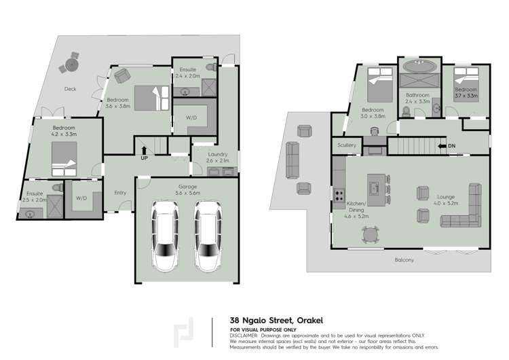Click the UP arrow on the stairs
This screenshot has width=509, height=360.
tap(144, 150)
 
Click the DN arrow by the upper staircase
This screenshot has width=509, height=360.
tap(442, 146)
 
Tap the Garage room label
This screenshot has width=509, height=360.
tap(187, 187)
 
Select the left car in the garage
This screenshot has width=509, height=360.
tap(165, 236)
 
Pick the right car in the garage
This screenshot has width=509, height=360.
tap(208, 236)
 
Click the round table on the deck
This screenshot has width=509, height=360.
tap(72, 65)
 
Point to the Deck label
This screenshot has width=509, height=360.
tap(70, 89)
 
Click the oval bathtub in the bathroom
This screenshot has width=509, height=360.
tap(419, 66)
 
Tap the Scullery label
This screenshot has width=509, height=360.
tap(347, 145)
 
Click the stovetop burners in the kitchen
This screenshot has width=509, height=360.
tap(339, 196)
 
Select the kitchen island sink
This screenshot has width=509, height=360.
tap(374, 188)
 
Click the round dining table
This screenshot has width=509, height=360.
tap(371, 234)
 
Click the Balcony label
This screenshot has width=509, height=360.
tap(404, 260)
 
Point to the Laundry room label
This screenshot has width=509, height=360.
tap(218, 154)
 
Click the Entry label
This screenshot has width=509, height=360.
tap(120, 193)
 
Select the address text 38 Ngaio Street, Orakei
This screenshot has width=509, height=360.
tap(276, 321)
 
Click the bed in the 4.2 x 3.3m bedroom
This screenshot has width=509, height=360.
tap(64, 159)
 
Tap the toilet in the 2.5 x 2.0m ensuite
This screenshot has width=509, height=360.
tap(58, 187)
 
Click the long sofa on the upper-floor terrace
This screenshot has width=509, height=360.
tap(293, 160)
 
